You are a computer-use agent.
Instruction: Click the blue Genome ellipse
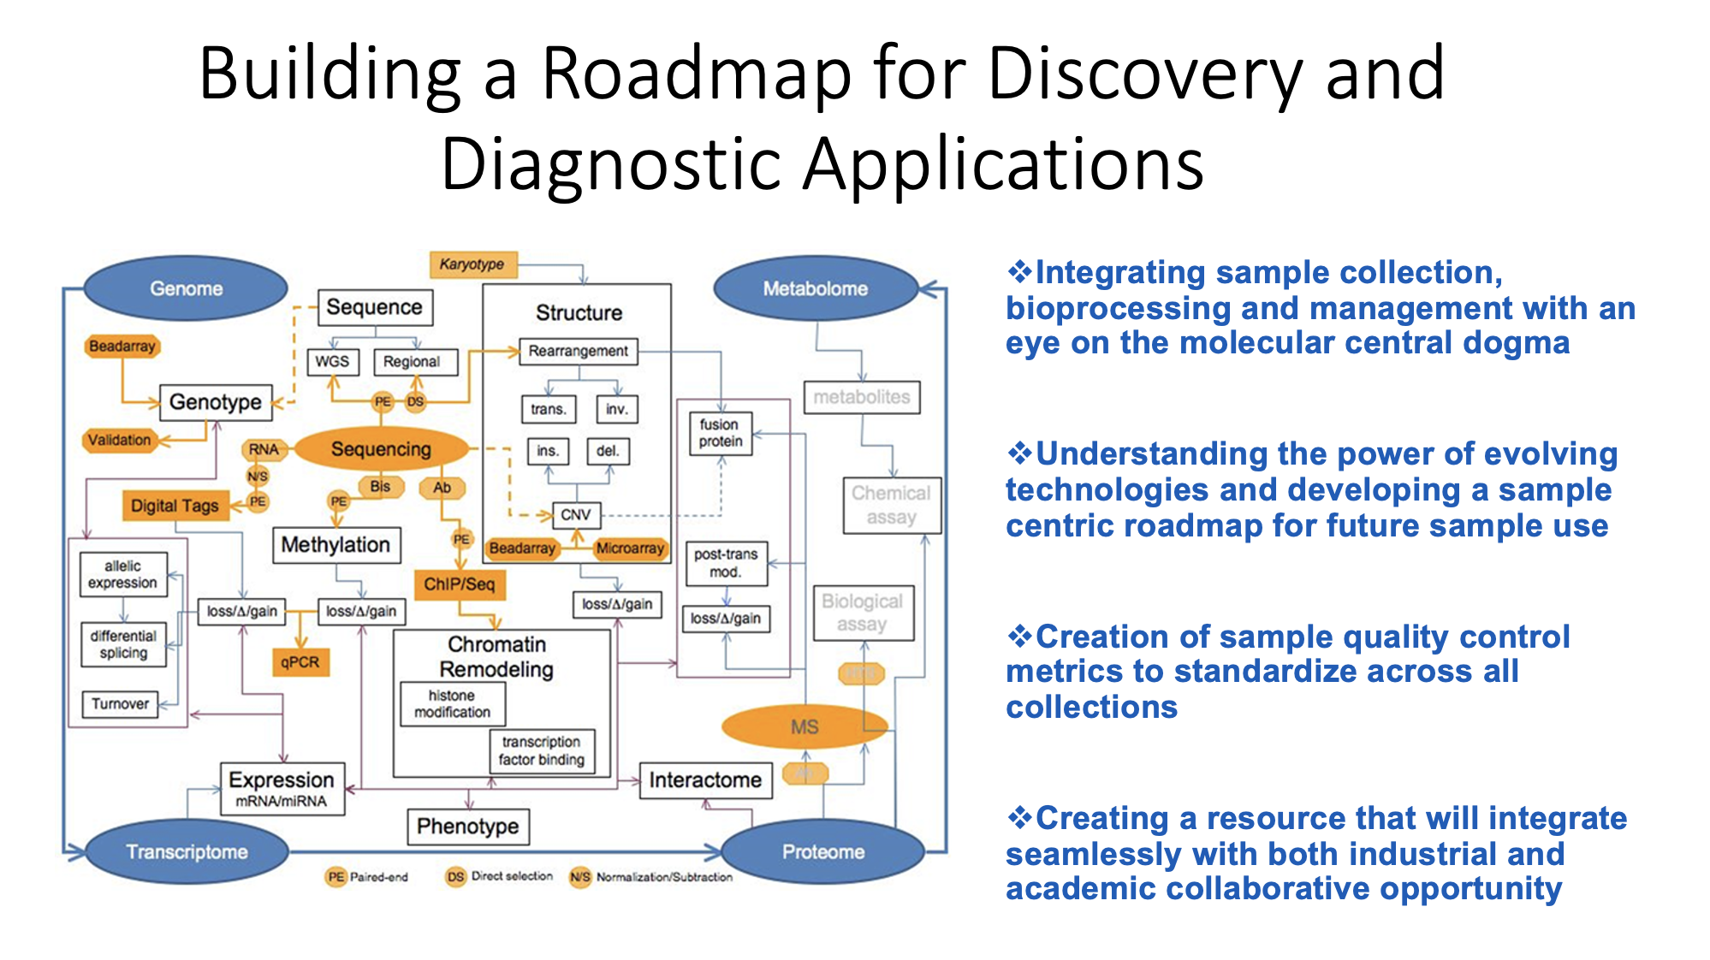186,288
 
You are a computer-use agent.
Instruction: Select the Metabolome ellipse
815,288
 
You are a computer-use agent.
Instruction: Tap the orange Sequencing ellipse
381,449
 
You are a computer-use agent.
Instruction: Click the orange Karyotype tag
472,264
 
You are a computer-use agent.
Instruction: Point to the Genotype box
216,402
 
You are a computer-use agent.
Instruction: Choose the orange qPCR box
300,662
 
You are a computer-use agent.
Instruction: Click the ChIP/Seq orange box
460,584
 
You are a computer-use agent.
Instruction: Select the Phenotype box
467,827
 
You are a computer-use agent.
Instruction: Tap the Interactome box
705,780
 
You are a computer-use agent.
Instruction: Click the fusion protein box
720,433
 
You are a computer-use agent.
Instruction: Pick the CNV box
575,515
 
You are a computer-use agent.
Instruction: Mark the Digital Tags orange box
175,506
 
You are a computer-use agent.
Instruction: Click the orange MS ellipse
805,727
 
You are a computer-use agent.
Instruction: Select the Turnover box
120,704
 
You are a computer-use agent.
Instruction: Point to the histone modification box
452,704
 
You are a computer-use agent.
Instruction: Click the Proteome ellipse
822,852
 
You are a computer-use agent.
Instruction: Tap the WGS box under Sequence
332,362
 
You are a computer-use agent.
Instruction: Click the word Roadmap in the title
696,74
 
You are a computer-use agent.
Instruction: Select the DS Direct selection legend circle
455,877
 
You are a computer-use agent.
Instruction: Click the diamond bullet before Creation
1018,637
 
